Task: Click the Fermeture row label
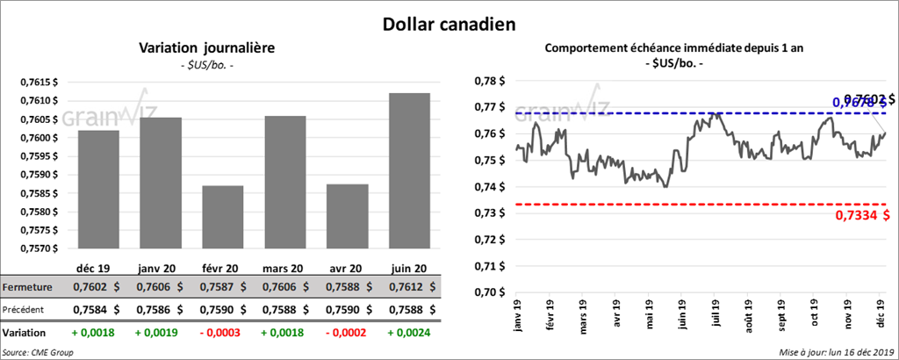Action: click(x=25, y=287)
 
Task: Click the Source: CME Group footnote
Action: click(x=39, y=352)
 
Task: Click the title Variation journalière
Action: click(x=207, y=48)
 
